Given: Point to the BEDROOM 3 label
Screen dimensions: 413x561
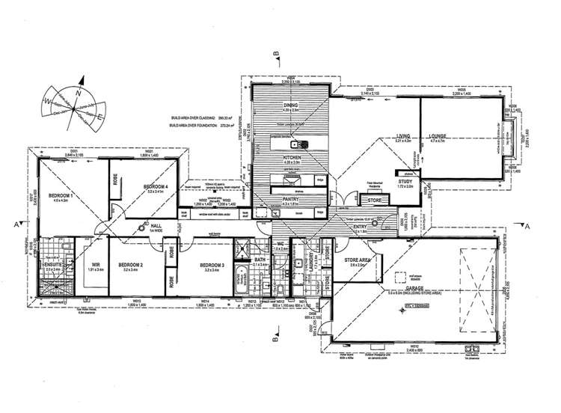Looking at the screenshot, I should point(212,266).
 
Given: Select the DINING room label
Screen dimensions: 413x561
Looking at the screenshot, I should point(289,105).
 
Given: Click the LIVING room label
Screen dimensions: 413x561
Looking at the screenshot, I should point(404,136).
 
